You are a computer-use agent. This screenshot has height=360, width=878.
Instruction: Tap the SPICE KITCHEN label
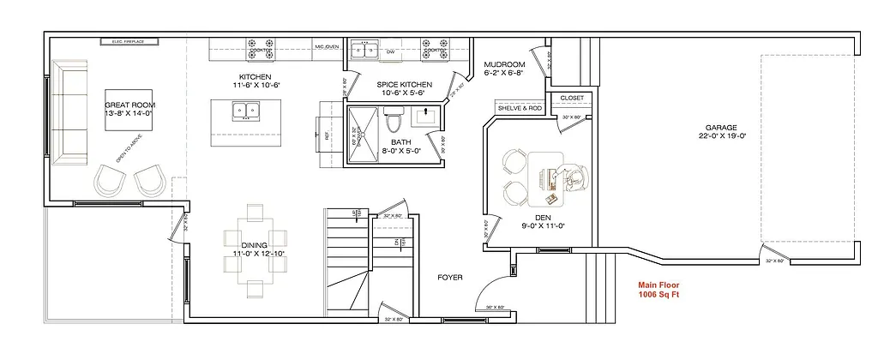pyautogui.click(x=404, y=85)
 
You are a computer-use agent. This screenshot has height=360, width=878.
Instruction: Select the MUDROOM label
pyautogui.click(x=504, y=64)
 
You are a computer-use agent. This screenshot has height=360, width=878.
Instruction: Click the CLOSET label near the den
pyautogui.click(x=572, y=98)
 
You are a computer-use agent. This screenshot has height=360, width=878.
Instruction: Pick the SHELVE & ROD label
pyautogui.click(x=520, y=109)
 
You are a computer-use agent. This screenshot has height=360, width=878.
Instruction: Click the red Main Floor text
pyautogui.click(x=659, y=285)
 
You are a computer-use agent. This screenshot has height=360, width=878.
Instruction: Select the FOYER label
pyautogui.click(x=449, y=277)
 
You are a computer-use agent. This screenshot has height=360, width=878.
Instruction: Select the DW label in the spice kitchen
pyautogui.click(x=389, y=52)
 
